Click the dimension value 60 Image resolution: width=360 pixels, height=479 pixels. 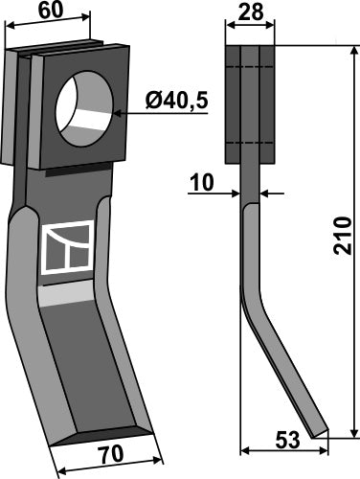click(54, 12)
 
